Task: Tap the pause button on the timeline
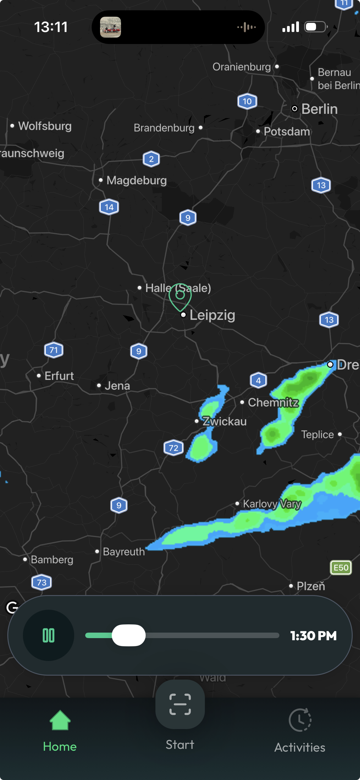coord(49,635)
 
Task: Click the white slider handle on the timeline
coord(129,635)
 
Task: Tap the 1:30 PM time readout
coord(313,636)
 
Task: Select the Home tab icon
coord(60,721)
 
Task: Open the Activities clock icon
coord(300,720)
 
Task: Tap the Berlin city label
coord(319,109)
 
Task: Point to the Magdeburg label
coord(136,180)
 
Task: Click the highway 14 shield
coord(109,207)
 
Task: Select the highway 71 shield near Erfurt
coord(54,350)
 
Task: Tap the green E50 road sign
coord(341,568)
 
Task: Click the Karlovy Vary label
coord(272,504)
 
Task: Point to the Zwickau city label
coord(224,421)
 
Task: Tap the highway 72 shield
coord(173,448)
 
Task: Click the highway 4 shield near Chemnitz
coord(258,380)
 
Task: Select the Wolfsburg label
coord(45,126)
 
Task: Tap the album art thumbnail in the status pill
coord(111,27)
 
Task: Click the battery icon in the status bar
coord(316,27)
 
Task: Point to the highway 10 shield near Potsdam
coord(247,101)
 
